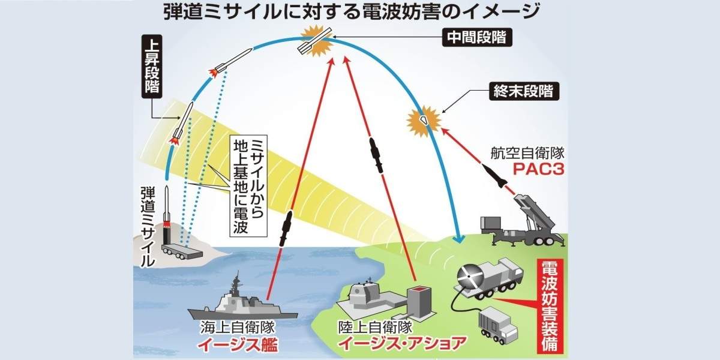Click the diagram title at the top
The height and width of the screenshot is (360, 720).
[x=359, y=11]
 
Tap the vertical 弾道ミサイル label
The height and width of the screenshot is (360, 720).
[x=146, y=226]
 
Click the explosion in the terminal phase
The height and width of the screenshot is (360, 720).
[x=424, y=119]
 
